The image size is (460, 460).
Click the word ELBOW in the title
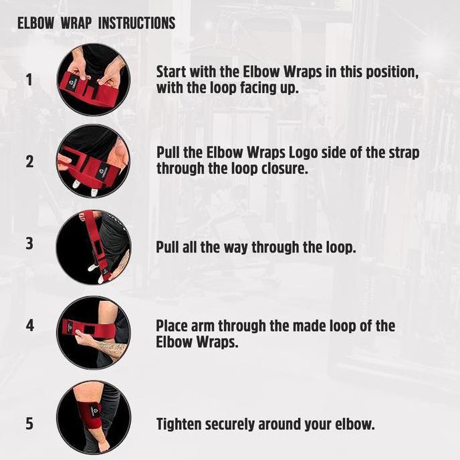click(x=36, y=23)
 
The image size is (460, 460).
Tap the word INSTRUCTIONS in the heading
click(x=136, y=23)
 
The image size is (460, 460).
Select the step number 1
click(x=29, y=80)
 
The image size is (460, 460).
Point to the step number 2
click(x=29, y=162)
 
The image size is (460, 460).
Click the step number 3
click(x=29, y=243)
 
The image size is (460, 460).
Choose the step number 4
click(x=30, y=326)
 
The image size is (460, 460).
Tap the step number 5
click(x=29, y=424)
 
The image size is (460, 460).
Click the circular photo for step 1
click(x=94, y=80)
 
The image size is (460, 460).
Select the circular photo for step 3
click(x=94, y=247)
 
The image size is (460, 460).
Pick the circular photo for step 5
click(x=94, y=418)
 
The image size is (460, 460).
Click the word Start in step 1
click(x=171, y=72)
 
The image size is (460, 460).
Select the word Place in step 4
click(x=172, y=326)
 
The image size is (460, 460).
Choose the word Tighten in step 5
click(x=179, y=425)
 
